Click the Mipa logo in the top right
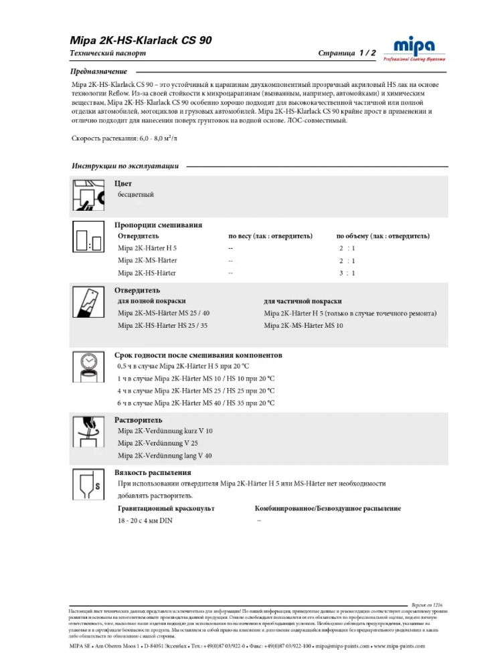[x=413, y=49]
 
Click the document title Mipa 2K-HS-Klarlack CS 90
[x=141, y=40]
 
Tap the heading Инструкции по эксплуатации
[x=125, y=166]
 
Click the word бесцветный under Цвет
[x=136, y=195]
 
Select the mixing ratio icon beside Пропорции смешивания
[x=87, y=238]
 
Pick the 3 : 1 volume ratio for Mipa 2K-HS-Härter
[x=347, y=273]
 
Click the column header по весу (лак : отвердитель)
[x=270, y=236]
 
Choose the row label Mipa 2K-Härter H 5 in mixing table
[x=147, y=248]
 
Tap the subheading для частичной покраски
[x=303, y=302]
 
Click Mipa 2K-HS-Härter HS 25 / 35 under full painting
[x=163, y=325]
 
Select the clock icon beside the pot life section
[x=87, y=366]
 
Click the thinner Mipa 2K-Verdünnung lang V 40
[x=165, y=455]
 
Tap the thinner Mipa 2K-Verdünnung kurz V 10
[x=165, y=431]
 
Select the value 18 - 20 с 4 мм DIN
[x=150, y=520]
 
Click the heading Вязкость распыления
[x=148, y=472]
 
